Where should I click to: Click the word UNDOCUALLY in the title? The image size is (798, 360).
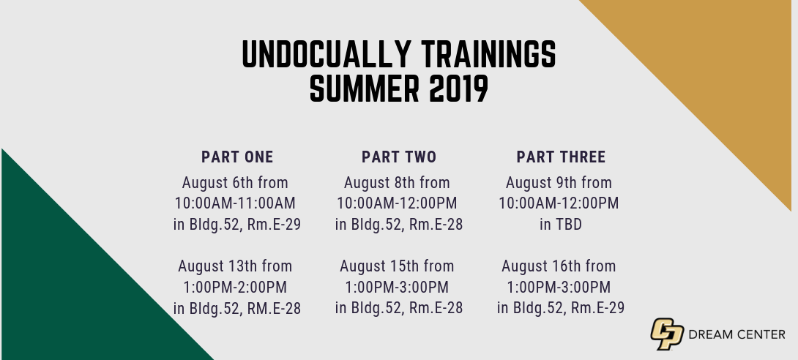(x=327, y=54)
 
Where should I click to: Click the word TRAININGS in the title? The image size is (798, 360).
(x=488, y=54)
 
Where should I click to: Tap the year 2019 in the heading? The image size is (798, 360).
(x=458, y=89)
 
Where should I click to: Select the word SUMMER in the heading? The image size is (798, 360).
(x=365, y=89)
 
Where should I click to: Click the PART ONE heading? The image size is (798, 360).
(x=237, y=157)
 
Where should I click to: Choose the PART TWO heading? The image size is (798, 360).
(x=399, y=157)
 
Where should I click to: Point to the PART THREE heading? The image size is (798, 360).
(x=561, y=157)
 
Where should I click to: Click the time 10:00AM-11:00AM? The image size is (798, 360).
(x=235, y=203)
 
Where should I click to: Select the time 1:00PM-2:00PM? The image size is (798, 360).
(x=235, y=288)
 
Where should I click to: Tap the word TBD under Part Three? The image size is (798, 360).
(x=567, y=224)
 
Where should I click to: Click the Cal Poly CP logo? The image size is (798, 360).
(x=667, y=334)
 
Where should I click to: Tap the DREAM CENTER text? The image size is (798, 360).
(x=737, y=334)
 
